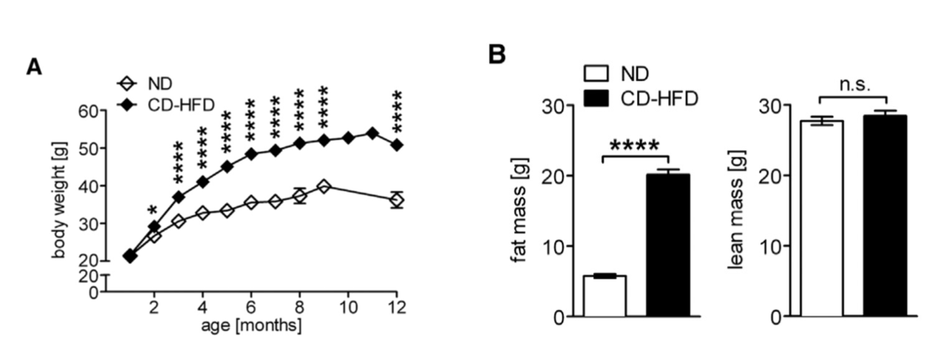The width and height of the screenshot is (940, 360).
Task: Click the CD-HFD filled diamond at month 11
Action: point(372,134)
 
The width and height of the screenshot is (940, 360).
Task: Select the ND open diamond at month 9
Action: point(324,186)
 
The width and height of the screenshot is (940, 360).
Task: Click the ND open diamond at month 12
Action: point(397,200)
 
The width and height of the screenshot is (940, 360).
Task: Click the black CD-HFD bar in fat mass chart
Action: point(667,245)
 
